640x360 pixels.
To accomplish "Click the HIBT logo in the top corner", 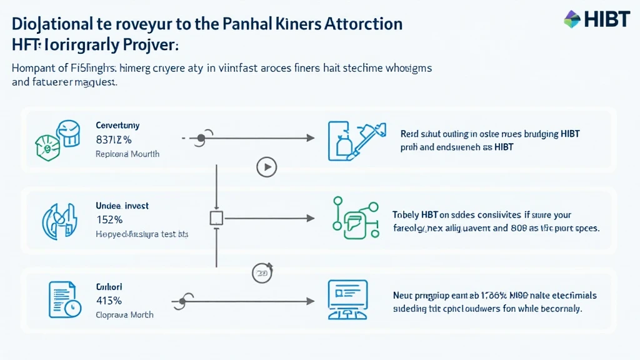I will pyautogui.click(x=597, y=19).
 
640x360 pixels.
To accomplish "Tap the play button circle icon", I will pyautogui.click(x=267, y=167).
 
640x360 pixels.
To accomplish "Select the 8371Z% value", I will pyautogui.click(x=114, y=139).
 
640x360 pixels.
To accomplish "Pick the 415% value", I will pyautogui.click(x=109, y=299).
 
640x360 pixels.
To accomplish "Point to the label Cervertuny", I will pyautogui.click(x=117, y=124).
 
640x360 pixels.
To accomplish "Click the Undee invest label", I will pyautogui.click(x=122, y=205).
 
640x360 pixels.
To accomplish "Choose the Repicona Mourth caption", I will pyautogui.click(x=127, y=153).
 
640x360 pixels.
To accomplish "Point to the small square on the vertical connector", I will pyautogui.click(x=216, y=218).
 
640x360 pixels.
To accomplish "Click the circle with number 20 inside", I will pyautogui.click(x=261, y=272).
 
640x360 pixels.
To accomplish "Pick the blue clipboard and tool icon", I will pyautogui.click(x=354, y=138).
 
